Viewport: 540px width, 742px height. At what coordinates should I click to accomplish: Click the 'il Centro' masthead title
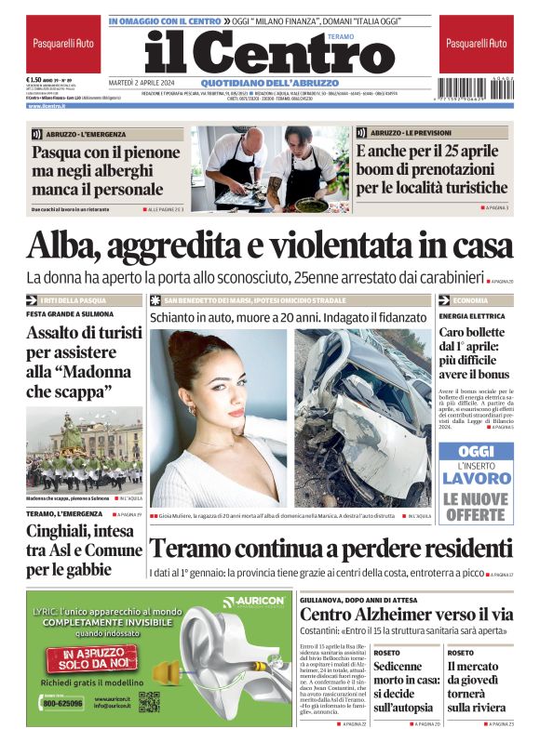256,54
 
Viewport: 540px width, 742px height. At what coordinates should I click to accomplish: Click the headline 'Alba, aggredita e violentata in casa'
270,245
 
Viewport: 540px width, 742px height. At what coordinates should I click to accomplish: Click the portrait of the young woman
220,418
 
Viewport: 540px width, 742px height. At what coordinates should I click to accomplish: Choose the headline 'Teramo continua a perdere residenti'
331,549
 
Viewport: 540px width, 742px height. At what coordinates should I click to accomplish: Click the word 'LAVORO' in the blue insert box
476,479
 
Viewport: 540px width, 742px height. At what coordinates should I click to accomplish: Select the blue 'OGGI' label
476,451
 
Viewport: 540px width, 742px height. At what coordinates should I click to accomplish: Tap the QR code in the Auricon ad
151,701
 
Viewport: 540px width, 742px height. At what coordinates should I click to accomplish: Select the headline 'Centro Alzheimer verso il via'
406,615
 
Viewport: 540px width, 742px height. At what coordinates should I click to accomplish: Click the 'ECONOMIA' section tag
470,300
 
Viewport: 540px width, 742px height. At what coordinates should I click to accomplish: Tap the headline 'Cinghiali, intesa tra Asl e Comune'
82,548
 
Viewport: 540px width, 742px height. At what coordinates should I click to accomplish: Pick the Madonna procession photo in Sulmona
84,449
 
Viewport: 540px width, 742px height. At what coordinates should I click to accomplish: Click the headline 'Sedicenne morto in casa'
406,687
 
